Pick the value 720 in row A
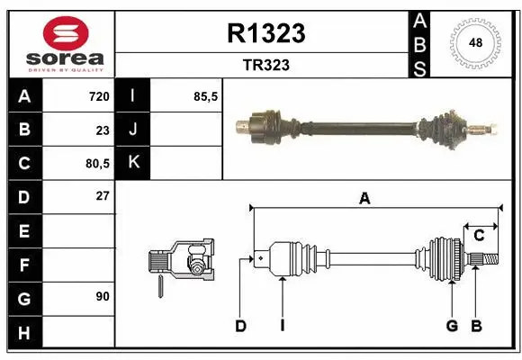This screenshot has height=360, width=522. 98,96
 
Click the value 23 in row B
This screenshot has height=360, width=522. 102,130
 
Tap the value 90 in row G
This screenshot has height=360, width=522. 102,296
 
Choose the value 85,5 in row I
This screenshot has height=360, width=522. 207,96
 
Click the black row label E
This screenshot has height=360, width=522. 23,230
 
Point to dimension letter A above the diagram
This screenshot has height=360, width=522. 364,199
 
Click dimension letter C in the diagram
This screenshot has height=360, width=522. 480,235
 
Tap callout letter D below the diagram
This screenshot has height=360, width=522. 240,326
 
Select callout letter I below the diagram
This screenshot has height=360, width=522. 282,326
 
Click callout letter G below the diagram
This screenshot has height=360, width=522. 452,326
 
